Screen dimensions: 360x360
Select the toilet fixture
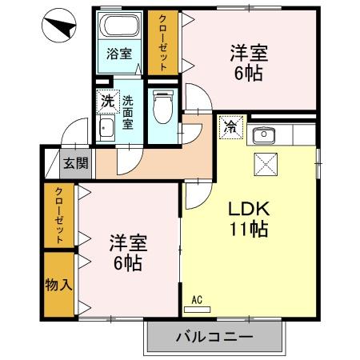(x=162, y=104)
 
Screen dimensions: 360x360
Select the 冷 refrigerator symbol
(x=230, y=126)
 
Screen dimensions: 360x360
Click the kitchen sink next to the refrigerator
(x=263, y=134)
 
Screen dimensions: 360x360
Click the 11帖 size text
(x=250, y=230)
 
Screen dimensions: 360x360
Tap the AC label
(x=198, y=301)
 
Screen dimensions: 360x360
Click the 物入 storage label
(x=55, y=284)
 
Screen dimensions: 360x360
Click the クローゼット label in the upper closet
(x=162, y=43)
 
